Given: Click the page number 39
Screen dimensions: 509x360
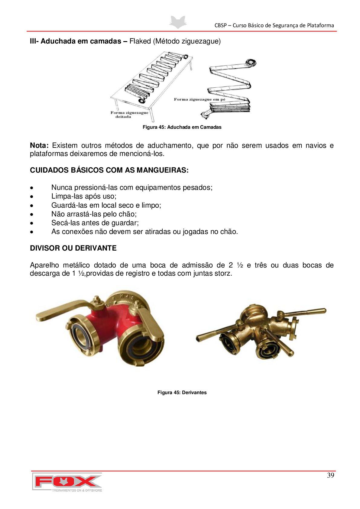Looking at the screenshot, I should [x=330, y=475].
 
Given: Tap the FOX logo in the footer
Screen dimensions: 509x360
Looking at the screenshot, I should [x=67, y=481].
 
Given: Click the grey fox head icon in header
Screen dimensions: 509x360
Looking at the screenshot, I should [x=178, y=22].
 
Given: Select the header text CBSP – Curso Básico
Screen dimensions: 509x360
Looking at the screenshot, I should [x=274, y=25].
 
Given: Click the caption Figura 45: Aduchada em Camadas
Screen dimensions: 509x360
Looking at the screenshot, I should [x=182, y=127].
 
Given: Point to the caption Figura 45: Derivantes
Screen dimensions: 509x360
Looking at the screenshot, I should [x=182, y=393].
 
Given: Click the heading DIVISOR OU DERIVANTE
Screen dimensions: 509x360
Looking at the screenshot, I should [x=73, y=248].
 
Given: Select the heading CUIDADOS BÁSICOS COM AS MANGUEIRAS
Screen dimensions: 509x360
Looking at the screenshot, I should [x=109, y=170].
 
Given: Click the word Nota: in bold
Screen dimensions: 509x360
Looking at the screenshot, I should [x=39, y=146].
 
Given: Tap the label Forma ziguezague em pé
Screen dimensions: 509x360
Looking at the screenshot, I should [x=199, y=99].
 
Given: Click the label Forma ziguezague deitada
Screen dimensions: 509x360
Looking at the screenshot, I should [x=129, y=115].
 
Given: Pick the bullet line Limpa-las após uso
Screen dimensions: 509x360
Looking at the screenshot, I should [x=84, y=196].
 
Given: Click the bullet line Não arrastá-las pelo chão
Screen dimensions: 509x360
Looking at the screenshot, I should [x=94, y=214].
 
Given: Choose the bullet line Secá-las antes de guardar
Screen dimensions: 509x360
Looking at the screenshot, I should [x=95, y=223].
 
